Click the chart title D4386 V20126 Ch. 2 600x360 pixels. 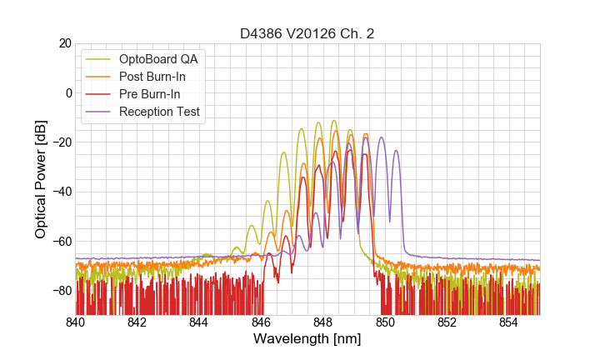[307, 33]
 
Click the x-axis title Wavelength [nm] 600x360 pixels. [307, 339]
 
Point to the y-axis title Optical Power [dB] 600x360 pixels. [41, 178]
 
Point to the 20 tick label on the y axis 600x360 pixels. [63, 43]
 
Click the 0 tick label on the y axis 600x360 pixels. [67, 92]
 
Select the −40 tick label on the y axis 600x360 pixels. [60, 192]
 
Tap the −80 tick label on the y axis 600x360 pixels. [60, 291]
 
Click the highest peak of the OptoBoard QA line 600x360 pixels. [334, 121]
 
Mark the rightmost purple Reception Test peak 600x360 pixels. [396, 151]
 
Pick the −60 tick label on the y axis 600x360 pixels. [60, 242]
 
